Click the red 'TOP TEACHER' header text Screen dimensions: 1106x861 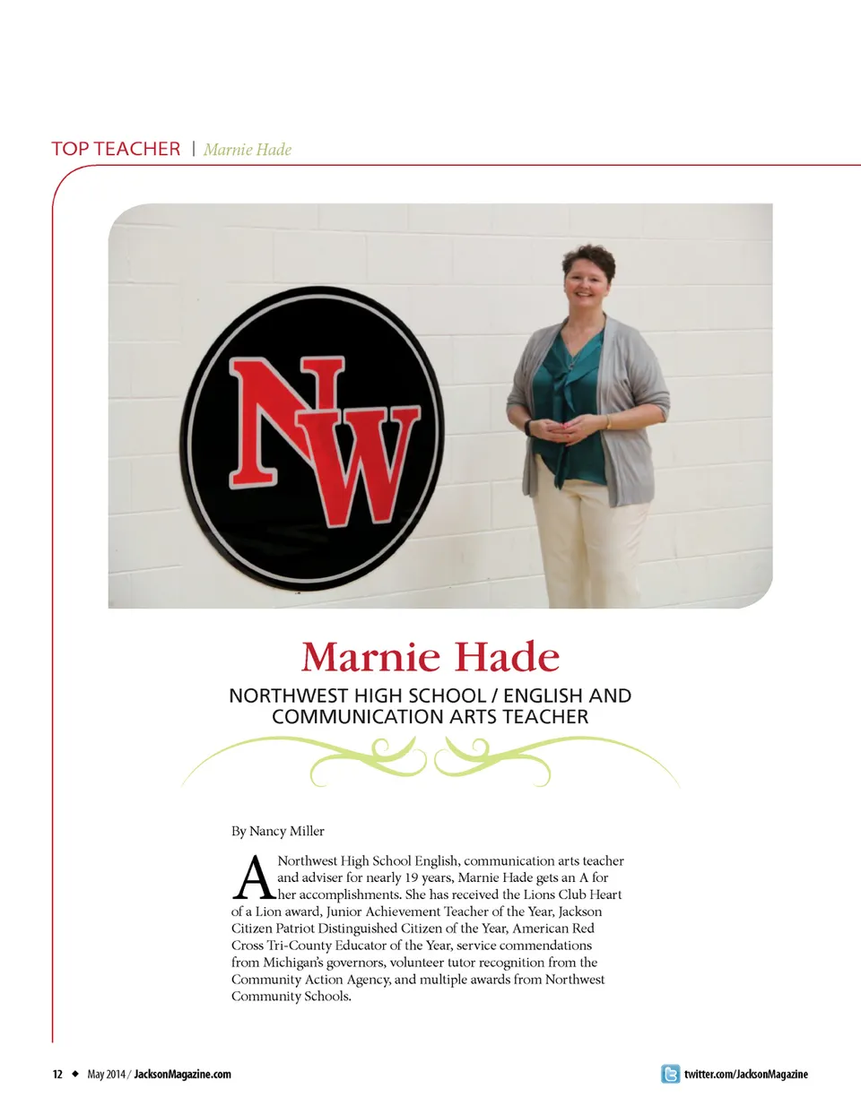pyautogui.click(x=116, y=149)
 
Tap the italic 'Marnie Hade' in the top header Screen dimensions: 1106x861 pyautogui.click(x=248, y=150)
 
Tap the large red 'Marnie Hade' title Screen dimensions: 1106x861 pyautogui.click(x=430, y=657)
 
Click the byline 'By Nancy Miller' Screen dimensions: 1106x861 pyautogui.click(x=278, y=831)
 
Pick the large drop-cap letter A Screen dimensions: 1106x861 pyautogui.click(x=253, y=878)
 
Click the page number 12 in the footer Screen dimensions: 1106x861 pyautogui.click(x=57, y=1074)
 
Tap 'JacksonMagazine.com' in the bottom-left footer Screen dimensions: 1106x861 pyautogui.click(x=183, y=1074)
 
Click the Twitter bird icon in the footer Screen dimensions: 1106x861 pyautogui.click(x=670, y=1074)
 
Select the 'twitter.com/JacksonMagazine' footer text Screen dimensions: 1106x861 pyautogui.click(x=745, y=1074)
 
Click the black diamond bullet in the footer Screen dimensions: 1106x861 pyautogui.click(x=75, y=1074)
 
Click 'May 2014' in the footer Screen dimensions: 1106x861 pyautogui.click(x=106, y=1074)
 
